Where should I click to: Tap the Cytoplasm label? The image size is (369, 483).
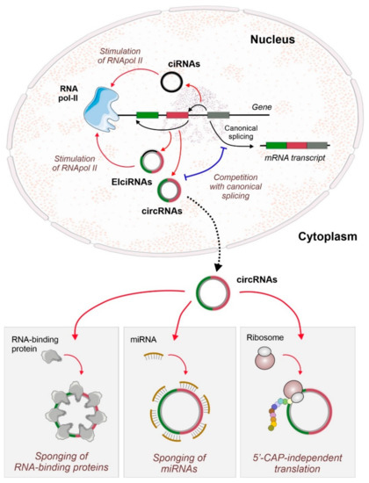[313, 213]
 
